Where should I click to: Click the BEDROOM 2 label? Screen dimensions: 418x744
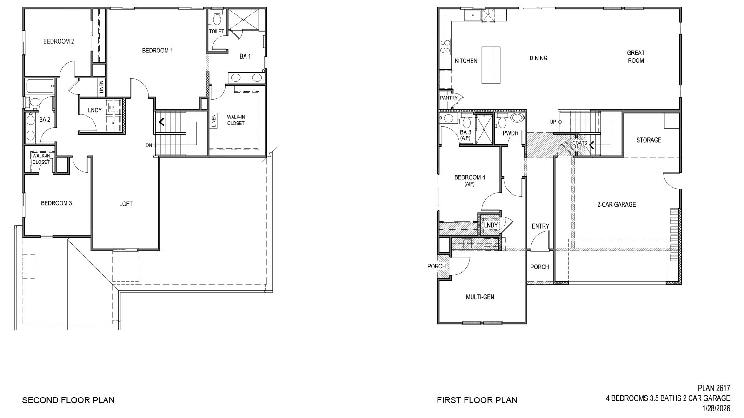point(59,41)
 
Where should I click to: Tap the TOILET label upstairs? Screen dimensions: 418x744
point(216,32)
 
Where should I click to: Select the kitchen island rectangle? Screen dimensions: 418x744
point(491,65)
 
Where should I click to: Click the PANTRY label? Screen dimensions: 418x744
point(449,98)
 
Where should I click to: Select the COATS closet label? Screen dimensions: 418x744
point(579,144)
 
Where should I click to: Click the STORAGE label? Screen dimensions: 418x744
point(648,140)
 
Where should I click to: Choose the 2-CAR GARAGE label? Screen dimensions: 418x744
point(616,205)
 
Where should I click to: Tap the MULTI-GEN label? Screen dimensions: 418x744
point(480,297)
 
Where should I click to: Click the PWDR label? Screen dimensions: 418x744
point(510,133)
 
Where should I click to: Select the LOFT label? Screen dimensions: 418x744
point(126,204)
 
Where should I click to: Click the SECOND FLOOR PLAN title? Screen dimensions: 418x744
point(68,400)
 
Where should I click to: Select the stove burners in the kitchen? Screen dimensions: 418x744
point(445,46)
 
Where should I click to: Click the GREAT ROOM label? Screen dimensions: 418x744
point(636,57)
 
